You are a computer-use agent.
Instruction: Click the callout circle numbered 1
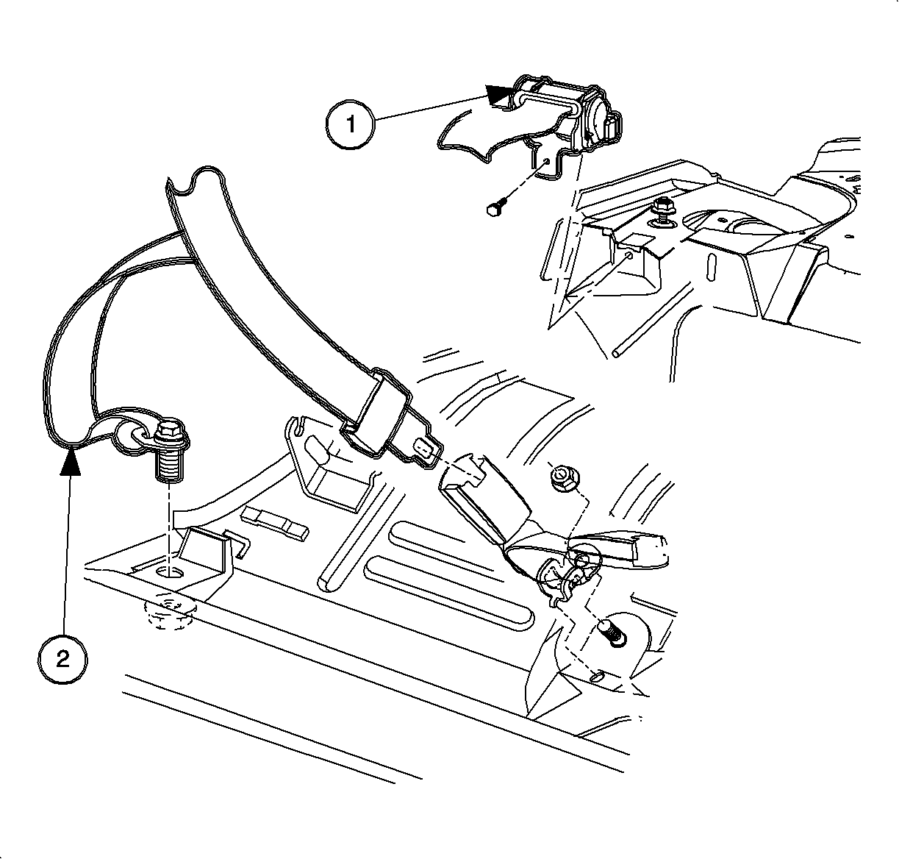point(350,124)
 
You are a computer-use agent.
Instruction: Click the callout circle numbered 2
point(62,658)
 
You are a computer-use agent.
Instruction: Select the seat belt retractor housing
point(566,113)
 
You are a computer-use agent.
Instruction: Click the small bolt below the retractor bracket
point(497,206)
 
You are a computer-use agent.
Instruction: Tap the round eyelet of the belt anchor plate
point(137,434)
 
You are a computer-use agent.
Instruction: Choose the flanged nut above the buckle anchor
point(563,479)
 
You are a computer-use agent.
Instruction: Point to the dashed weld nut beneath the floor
point(168,610)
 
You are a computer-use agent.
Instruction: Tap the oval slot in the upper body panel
point(712,267)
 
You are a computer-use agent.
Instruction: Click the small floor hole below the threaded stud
point(597,677)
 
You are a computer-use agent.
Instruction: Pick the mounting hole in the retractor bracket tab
point(546,160)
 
